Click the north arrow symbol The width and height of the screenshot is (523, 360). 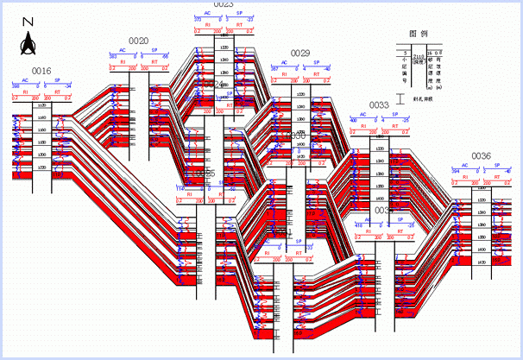coord(28,39)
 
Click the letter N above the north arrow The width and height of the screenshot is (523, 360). coord(28,22)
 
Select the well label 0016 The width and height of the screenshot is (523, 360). coord(41,71)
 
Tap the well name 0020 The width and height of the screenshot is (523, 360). coord(138,41)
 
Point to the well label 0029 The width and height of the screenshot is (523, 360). coord(299,53)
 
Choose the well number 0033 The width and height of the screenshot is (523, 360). coord(379,105)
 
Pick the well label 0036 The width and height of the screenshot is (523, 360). coord(481,156)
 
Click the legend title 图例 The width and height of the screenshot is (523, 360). coord(419,34)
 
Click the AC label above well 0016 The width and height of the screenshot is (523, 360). coord(25,80)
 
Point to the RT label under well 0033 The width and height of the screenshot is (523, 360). coord(395,126)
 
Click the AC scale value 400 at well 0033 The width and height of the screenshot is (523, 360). coord(354,119)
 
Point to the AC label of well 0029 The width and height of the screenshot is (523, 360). coord(284,63)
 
